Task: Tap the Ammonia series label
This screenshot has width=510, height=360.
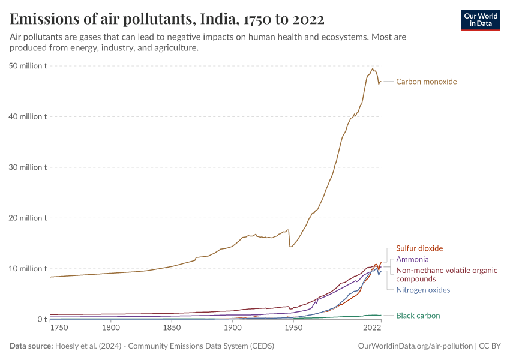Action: pyautogui.click(x=412, y=259)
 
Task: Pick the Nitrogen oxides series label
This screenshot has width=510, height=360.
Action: pyautogui.click(x=423, y=290)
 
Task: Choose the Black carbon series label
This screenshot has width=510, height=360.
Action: pyautogui.click(x=418, y=316)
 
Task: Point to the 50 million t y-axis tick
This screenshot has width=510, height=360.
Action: pyautogui.click(x=28, y=65)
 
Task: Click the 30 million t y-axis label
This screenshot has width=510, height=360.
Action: pyautogui.click(x=28, y=167)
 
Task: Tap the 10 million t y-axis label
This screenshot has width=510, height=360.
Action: pyautogui.click(x=28, y=268)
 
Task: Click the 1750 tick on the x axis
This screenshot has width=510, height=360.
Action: pyautogui.click(x=59, y=328)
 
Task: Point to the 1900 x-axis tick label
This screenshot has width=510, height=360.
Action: pyautogui.click(x=232, y=328)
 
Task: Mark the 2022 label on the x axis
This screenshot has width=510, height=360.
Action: pyautogui.click(x=372, y=328)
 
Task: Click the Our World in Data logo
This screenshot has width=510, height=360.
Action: pyautogui.click(x=480, y=20)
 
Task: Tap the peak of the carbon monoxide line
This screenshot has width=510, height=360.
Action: pyautogui.click(x=373, y=68)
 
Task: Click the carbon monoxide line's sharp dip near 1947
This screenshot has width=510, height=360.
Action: pyautogui.click(x=290, y=246)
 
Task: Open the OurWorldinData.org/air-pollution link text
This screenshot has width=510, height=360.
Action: pyautogui.click(x=415, y=346)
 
